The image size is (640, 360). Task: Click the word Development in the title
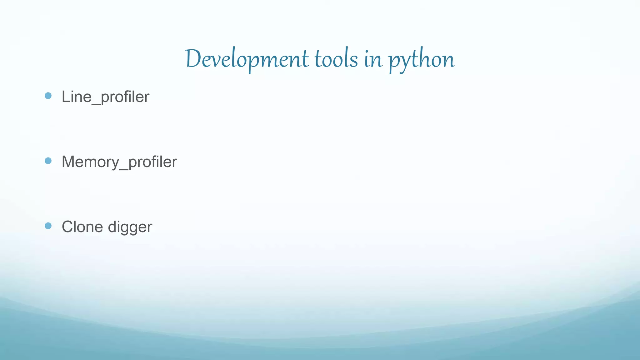tap(247, 59)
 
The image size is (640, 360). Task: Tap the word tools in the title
tap(336, 59)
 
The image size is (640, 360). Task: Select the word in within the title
tap(373, 59)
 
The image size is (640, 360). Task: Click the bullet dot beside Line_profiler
tap(48, 96)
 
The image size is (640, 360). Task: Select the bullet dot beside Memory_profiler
tap(48, 161)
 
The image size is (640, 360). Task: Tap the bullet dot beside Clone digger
tap(48, 226)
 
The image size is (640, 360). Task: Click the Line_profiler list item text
tap(105, 97)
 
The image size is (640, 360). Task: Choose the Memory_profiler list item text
tap(119, 162)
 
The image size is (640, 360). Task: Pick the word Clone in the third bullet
tap(82, 227)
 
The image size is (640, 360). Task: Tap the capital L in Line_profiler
tap(66, 97)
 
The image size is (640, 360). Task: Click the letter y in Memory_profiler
tap(115, 164)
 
